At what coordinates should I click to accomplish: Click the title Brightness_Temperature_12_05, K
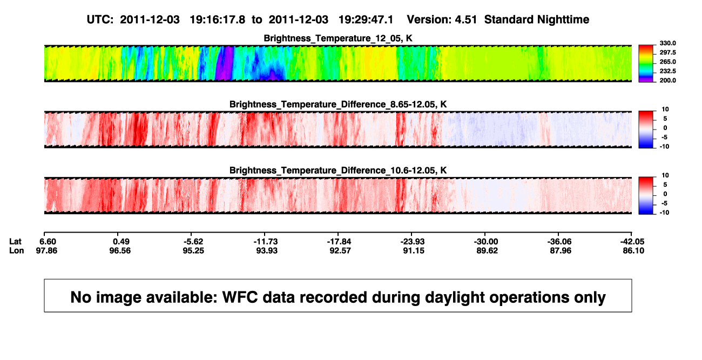tap(338, 38)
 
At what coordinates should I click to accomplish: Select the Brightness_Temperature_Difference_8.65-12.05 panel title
tap(338, 104)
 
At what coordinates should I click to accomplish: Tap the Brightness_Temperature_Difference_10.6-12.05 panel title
tap(338, 171)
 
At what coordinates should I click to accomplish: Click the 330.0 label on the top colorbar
tap(667, 43)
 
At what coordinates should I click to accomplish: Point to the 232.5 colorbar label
tap(667, 71)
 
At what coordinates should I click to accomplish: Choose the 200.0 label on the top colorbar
tap(667, 80)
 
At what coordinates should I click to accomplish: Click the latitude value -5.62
tap(193, 242)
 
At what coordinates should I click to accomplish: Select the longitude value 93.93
tap(267, 250)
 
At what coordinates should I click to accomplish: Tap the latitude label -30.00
tap(486, 242)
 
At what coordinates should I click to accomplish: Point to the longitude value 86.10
tap(633, 250)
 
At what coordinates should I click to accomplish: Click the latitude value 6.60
tap(48, 242)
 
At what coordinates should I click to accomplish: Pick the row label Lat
tap(15, 242)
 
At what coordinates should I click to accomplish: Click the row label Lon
tap(16, 250)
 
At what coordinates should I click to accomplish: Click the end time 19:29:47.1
tap(366, 20)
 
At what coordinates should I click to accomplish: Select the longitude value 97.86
tap(46, 250)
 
